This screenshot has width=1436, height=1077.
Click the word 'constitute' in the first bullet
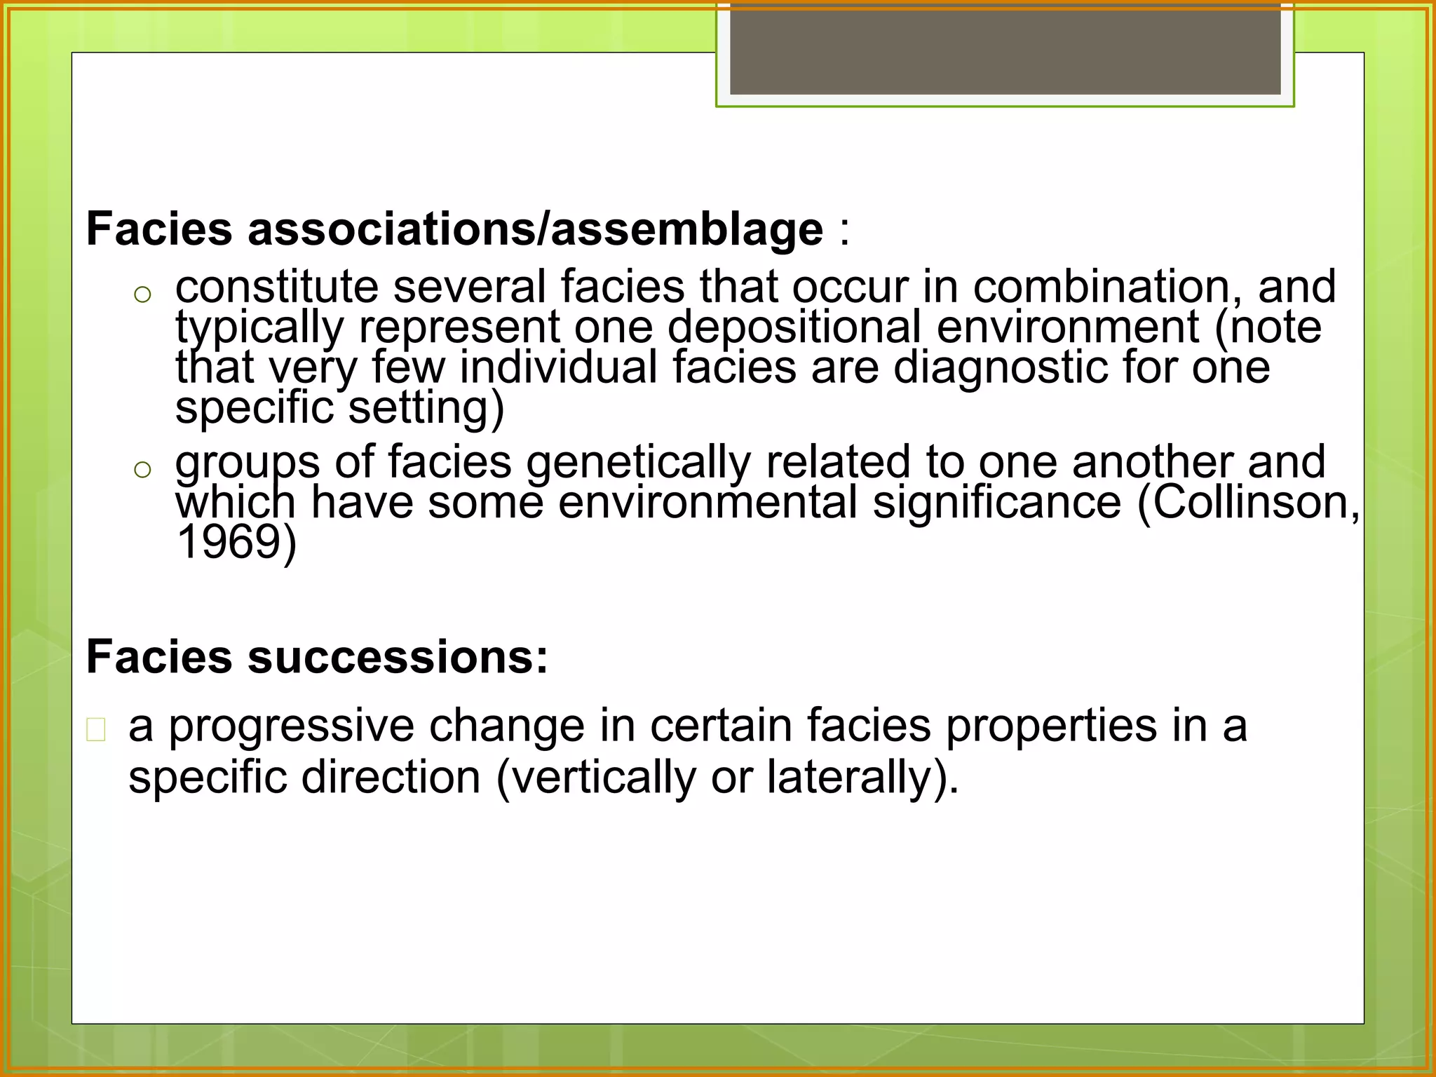276,287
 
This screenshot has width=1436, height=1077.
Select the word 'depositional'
794,327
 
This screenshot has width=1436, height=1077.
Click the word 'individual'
558,367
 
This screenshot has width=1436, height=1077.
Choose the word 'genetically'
637,463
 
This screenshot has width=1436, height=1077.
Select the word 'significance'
996,503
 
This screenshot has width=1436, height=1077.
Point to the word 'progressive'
291,726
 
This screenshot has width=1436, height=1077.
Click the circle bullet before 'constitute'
142,294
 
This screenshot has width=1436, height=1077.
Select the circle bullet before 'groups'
142,470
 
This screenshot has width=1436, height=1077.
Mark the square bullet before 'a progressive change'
96,730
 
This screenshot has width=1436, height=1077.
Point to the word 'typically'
259,327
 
